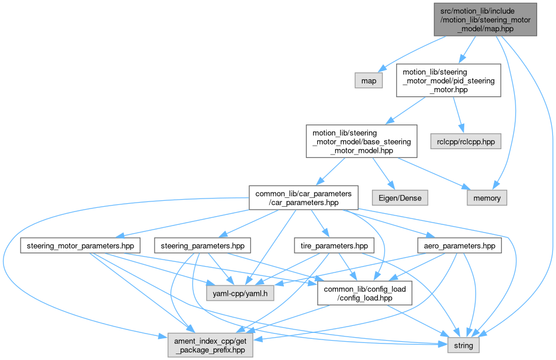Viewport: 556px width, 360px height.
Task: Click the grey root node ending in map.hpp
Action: pyautogui.click(x=485, y=19)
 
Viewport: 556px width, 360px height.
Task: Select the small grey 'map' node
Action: pyautogui.click(x=369, y=80)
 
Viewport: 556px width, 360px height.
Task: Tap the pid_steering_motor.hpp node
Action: pyautogui.click(x=448, y=80)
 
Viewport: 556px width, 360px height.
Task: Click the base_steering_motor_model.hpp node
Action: pyautogui.click(x=361, y=141)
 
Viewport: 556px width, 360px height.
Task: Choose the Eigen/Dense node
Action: pyautogui.click(x=400, y=198)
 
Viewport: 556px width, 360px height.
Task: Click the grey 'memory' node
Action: pyautogui.click(x=487, y=198)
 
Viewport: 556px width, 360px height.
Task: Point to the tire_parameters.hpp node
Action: pyautogui.click(x=331, y=245)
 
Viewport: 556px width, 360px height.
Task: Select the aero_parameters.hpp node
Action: pyautogui.click(x=459, y=245)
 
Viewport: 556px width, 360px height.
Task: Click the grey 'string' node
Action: pyautogui.click(x=464, y=345)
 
